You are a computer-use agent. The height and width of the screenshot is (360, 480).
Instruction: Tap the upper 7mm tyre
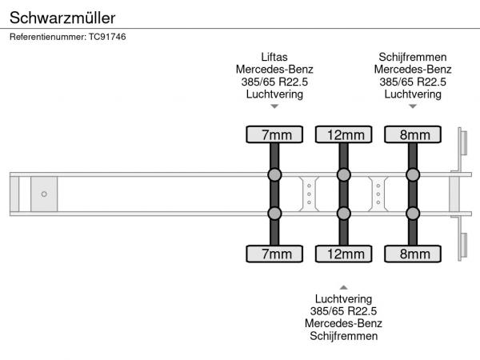(274, 134)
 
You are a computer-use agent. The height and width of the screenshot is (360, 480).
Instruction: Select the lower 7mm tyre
(274, 254)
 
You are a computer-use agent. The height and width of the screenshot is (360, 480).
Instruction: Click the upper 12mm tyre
(344, 134)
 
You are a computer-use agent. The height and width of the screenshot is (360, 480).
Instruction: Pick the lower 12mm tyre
(344, 254)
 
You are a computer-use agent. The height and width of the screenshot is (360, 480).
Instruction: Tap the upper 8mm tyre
(413, 134)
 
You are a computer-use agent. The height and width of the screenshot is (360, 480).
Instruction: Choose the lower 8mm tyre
(413, 254)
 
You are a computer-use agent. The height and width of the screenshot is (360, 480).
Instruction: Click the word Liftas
(274, 57)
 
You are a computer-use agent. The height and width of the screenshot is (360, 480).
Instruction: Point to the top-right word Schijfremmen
(413, 57)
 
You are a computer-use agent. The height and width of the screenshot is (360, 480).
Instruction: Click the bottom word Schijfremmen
(344, 336)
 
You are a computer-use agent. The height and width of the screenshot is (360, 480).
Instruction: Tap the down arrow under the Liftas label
(274, 106)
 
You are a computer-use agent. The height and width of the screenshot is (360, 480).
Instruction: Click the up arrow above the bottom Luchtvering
(344, 286)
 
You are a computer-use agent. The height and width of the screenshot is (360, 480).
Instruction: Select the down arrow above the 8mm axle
(413, 106)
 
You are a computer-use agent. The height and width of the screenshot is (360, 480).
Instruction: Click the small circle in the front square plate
(44, 194)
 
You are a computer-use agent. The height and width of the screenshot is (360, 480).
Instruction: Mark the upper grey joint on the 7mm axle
(274, 175)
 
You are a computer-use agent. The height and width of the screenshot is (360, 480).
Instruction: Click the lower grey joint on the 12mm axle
(344, 214)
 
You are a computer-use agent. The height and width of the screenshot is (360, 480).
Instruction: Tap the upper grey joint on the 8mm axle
(413, 175)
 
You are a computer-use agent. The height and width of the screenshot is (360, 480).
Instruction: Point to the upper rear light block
(462, 144)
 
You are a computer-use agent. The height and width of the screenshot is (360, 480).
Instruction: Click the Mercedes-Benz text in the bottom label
(344, 323)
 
